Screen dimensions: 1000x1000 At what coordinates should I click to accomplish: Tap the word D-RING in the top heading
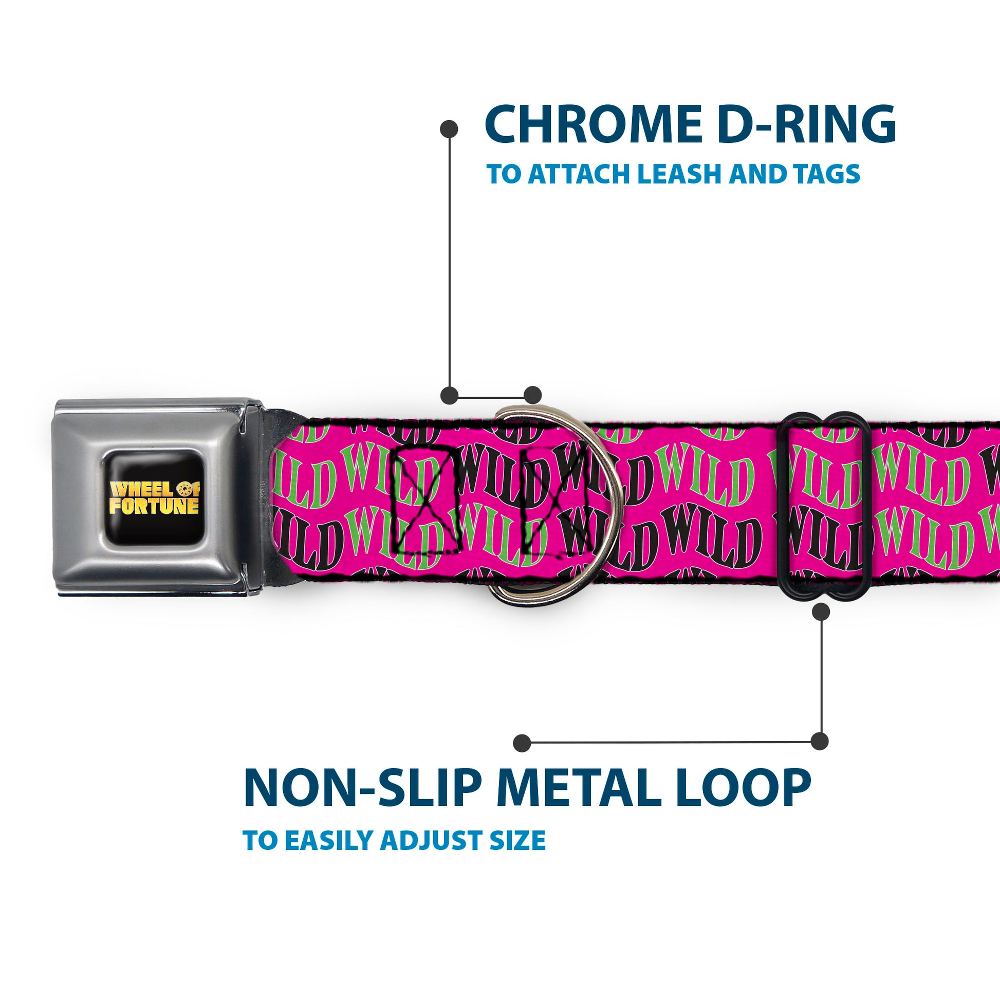[x=807, y=125]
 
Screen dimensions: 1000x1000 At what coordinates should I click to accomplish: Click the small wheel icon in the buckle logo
[x=185, y=488]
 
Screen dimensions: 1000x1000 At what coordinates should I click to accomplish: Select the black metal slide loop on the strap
[x=785, y=505]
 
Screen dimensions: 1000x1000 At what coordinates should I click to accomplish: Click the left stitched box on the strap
[x=425, y=499]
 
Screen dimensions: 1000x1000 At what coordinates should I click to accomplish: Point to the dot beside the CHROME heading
[x=449, y=129]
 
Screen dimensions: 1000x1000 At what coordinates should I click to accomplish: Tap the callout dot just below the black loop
[x=821, y=613]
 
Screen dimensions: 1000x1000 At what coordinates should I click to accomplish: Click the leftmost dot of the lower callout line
[x=522, y=743]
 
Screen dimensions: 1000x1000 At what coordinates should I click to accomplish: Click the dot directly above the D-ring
[x=532, y=395]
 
